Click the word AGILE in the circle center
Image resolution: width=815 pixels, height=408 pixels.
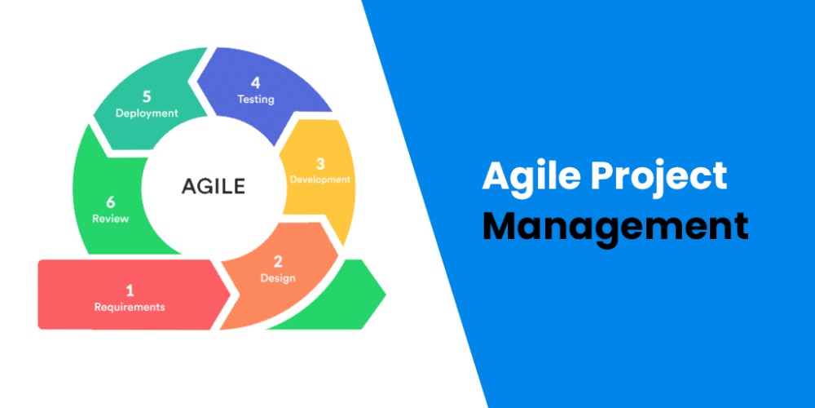pos(213,185)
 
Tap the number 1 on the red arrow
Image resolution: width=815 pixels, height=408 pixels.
pos(130,290)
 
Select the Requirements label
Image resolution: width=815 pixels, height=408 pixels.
pos(130,308)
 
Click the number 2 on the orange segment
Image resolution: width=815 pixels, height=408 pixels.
pos(278,261)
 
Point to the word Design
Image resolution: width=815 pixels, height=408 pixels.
pos(278,278)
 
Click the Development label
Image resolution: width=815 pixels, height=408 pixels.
pos(319,180)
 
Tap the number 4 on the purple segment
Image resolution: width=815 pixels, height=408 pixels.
pos(255,82)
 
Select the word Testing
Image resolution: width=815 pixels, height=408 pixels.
pos(255,100)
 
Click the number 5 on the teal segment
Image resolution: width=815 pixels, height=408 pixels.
pos(148,96)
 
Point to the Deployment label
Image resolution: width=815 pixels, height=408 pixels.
pos(147,113)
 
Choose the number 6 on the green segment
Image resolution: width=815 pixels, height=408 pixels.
pos(111,202)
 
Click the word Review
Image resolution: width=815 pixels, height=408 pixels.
pos(110,219)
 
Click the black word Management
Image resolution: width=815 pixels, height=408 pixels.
pos(615,226)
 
